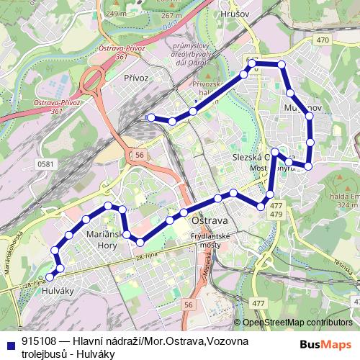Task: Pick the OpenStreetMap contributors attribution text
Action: [x=297, y=323]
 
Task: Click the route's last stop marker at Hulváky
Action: [x=50, y=276]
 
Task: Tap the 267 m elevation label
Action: [x=192, y=15]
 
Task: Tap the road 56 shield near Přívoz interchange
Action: [x=139, y=154]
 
